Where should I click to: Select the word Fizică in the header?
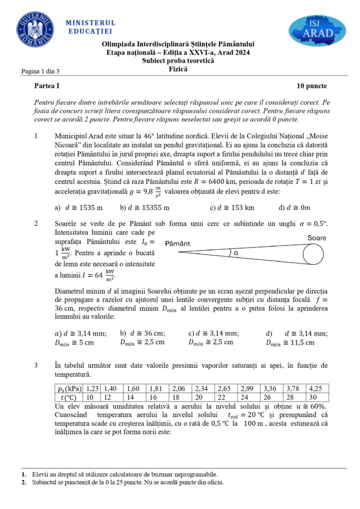point(178,70)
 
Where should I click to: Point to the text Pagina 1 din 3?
point(40,72)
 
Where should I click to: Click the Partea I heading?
point(47,86)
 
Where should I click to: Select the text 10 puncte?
point(312,86)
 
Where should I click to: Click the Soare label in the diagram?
point(317,238)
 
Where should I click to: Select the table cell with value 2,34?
point(203,388)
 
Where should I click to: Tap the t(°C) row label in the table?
point(68,397)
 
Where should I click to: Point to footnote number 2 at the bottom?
point(24,482)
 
